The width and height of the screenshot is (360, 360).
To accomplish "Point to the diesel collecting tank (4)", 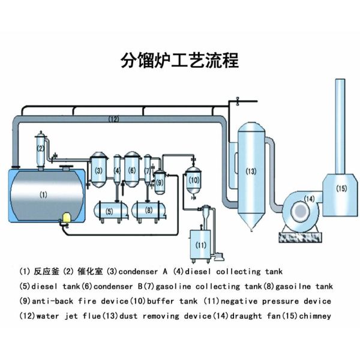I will (x=118, y=171).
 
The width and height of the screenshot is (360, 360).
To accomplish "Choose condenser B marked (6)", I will (x=132, y=170).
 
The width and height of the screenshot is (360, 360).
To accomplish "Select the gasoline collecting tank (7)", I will (x=148, y=172).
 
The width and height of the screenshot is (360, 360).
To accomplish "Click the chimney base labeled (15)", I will (x=340, y=189).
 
